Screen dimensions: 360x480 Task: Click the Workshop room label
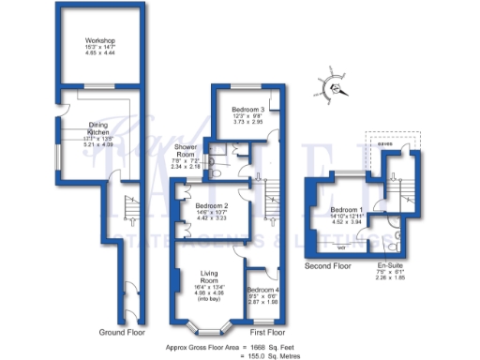[x=98, y=42]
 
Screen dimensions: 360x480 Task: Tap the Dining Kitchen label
[x=98, y=129]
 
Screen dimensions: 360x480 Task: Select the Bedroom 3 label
[x=247, y=109]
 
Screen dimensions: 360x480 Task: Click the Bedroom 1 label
[x=348, y=209]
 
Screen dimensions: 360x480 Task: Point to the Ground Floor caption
[x=122, y=332]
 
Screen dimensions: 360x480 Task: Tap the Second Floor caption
[x=328, y=267]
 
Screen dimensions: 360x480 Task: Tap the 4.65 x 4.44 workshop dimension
[x=98, y=55]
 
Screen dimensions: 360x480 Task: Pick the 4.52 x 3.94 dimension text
[x=348, y=223]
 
